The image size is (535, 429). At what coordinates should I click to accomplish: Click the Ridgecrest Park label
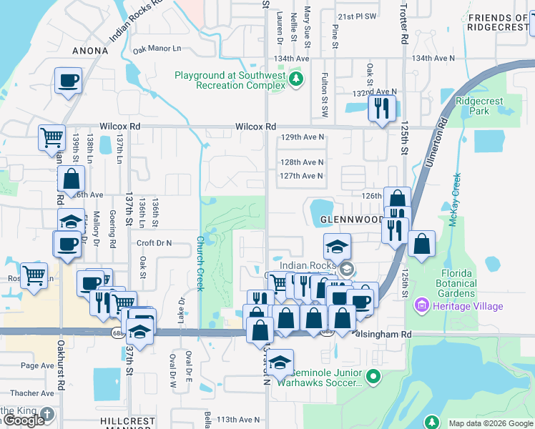473,106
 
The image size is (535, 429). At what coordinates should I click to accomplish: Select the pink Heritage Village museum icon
421,306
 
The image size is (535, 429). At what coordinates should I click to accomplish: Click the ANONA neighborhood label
90,51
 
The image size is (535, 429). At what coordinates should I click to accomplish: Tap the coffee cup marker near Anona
69,82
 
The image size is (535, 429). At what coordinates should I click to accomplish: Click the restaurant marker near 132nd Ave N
381,108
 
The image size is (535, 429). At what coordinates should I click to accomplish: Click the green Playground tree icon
300,78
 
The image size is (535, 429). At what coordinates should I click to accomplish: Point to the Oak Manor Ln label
157,49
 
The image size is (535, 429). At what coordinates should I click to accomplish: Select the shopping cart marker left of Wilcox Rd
51,137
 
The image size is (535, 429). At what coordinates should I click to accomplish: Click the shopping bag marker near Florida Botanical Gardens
422,244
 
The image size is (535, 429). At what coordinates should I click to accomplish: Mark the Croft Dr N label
154,243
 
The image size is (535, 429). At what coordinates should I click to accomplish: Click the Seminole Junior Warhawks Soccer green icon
372,376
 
